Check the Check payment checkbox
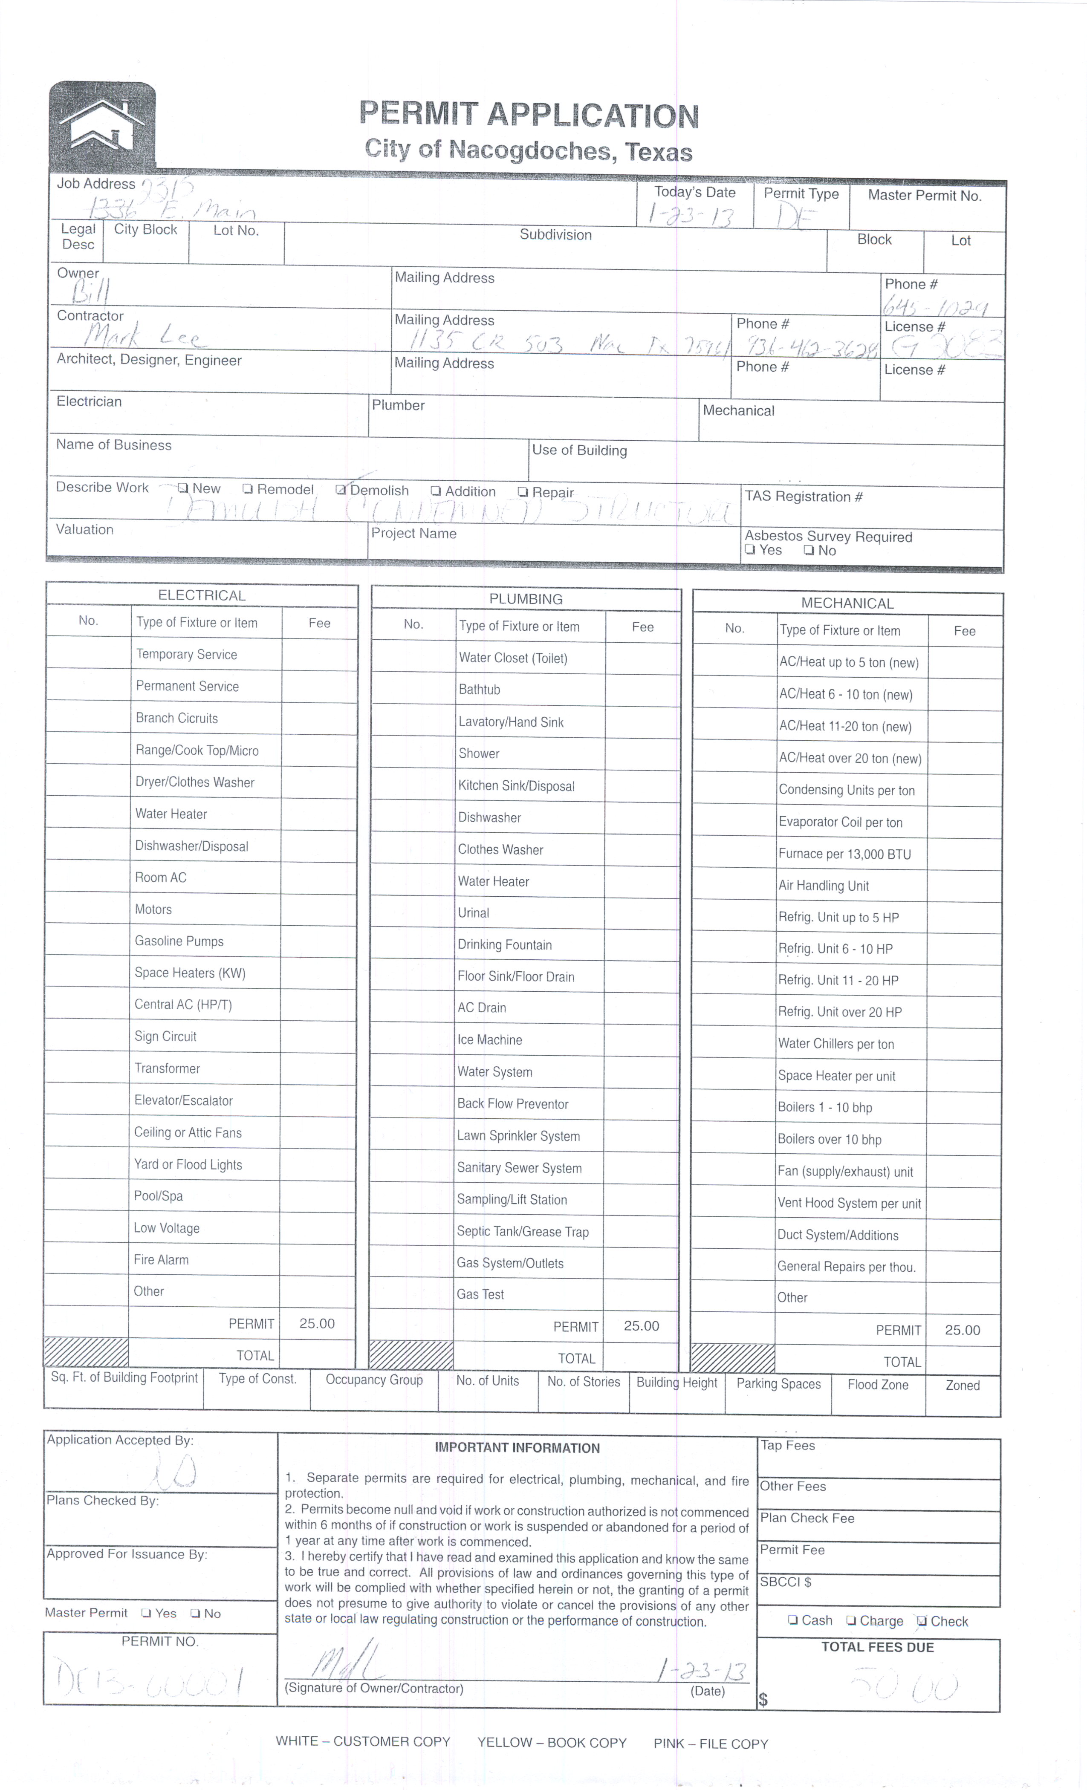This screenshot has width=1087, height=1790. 921,1622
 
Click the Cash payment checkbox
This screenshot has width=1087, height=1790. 793,1621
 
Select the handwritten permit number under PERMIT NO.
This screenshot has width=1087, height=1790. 149,1678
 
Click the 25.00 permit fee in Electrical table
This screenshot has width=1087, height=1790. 317,1324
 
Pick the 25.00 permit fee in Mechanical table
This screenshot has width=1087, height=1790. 962,1330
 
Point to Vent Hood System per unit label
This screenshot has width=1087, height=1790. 849,1203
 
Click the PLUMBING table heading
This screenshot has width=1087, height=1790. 525,599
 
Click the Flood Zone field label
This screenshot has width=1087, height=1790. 878,1385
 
